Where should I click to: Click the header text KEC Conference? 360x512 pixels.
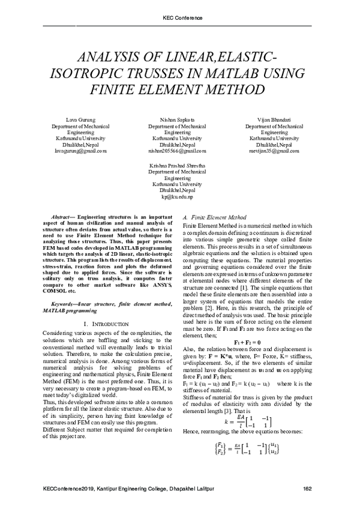[x=179, y=18]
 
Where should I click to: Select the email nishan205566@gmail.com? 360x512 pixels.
[x=179, y=151]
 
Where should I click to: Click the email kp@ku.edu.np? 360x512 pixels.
[x=179, y=197]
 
